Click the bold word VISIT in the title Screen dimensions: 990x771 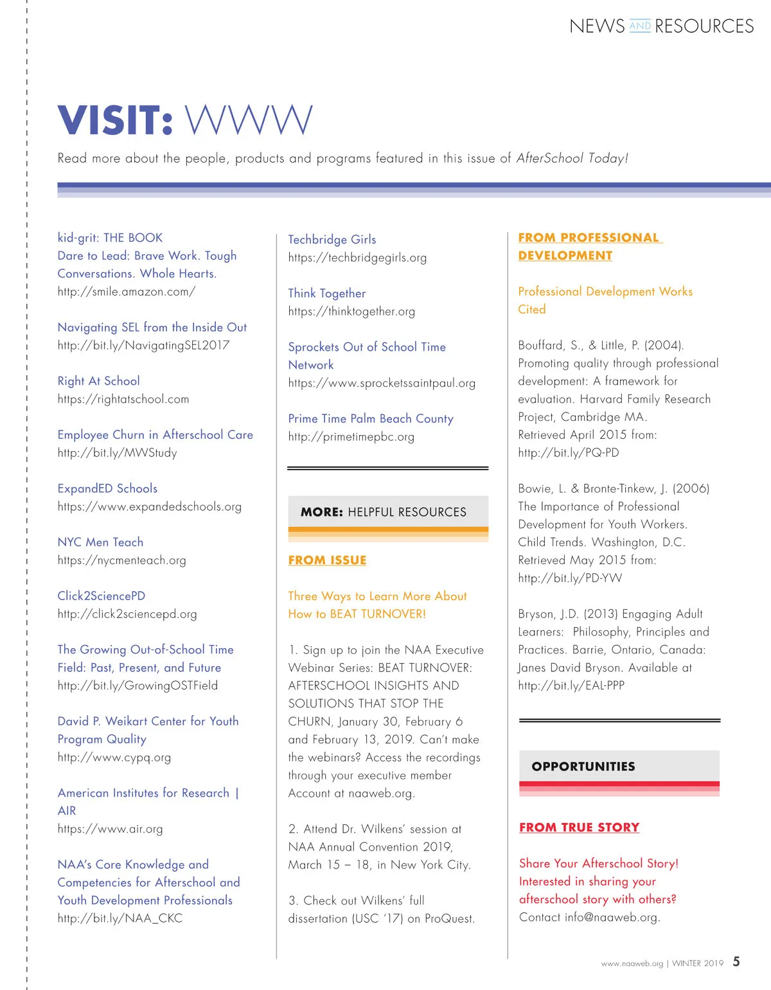(115, 121)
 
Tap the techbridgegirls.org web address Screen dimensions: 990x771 (357, 258)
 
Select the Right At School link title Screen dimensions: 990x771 (98, 381)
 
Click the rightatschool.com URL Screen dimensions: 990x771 (123, 399)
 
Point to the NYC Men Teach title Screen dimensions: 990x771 (100, 542)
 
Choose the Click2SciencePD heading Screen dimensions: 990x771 (102, 596)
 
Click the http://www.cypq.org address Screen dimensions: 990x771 (114, 757)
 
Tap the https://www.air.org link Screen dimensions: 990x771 (110, 829)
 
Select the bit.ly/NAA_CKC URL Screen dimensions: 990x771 (120, 919)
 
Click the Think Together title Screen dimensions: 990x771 (327, 294)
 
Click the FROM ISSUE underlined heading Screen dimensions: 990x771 (327, 560)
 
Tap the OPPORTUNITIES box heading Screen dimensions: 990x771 (583, 766)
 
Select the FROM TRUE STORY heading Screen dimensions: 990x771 (579, 827)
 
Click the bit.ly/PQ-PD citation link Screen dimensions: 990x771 (569, 453)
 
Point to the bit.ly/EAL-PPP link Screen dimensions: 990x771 (571, 685)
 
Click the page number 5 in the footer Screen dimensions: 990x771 (736, 962)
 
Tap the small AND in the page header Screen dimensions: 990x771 (640, 26)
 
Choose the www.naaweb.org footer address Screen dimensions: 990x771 (632, 964)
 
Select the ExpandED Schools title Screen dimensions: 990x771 (107, 488)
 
